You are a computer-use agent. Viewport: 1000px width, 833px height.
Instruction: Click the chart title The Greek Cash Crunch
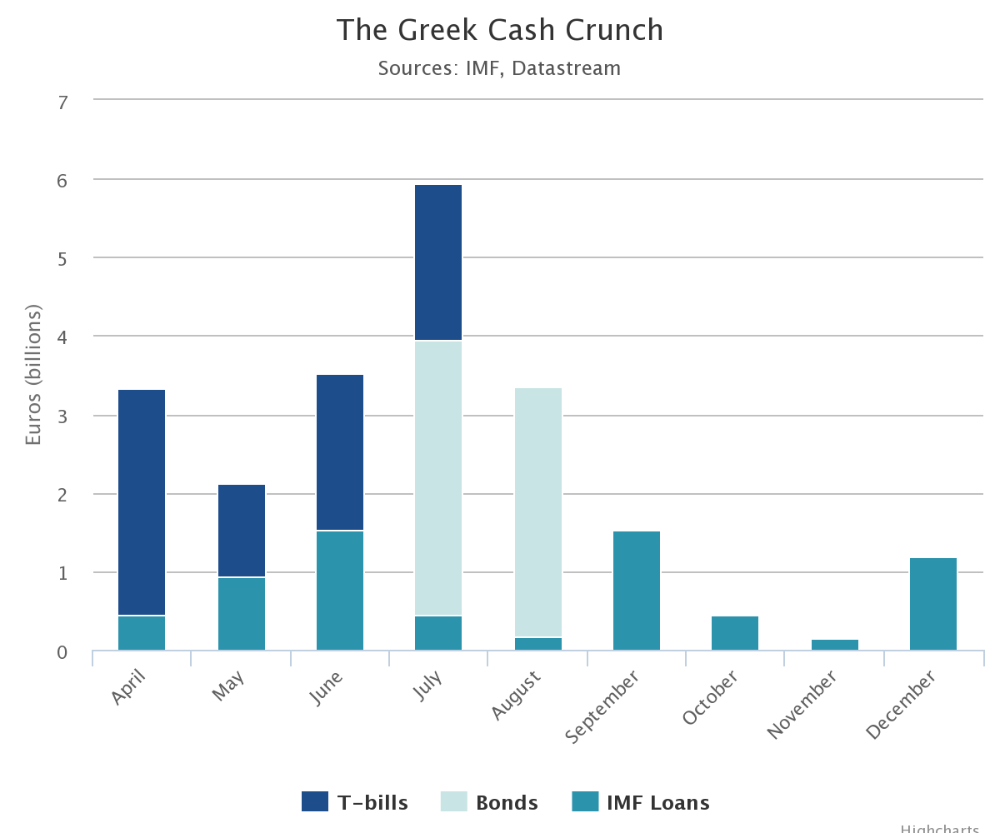pyautogui.click(x=500, y=31)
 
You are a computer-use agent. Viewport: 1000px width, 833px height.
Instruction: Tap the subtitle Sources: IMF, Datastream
pyautogui.click(x=499, y=68)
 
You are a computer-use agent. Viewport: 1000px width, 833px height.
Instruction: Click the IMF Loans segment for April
pyautogui.click(x=142, y=633)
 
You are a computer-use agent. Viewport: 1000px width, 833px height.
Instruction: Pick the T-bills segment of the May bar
pyautogui.click(x=242, y=531)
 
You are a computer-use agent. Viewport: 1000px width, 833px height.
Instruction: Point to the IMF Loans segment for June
pyautogui.click(x=340, y=590)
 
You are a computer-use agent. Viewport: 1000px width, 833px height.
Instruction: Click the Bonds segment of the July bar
pyautogui.click(x=438, y=478)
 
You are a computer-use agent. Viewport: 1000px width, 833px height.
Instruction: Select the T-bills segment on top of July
pyautogui.click(x=438, y=262)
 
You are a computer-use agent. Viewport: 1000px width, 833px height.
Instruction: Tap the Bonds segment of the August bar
pyautogui.click(x=538, y=512)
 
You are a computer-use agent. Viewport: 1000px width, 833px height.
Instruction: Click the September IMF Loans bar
pyautogui.click(x=637, y=591)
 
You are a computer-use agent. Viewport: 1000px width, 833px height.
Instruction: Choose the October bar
pyautogui.click(x=735, y=633)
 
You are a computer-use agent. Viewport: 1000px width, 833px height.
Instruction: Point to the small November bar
pyautogui.click(x=835, y=645)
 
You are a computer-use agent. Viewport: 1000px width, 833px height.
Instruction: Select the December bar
pyautogui.click(x=933, y=604)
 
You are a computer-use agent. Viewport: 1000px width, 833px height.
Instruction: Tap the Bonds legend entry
pyautogui.click(x=489, y=802)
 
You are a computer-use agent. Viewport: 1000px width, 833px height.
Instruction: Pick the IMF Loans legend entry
pyautogui.click(x=641, y=802)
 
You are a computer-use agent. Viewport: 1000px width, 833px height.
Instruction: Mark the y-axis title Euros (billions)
pyautogui.click(x=33, y=375)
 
